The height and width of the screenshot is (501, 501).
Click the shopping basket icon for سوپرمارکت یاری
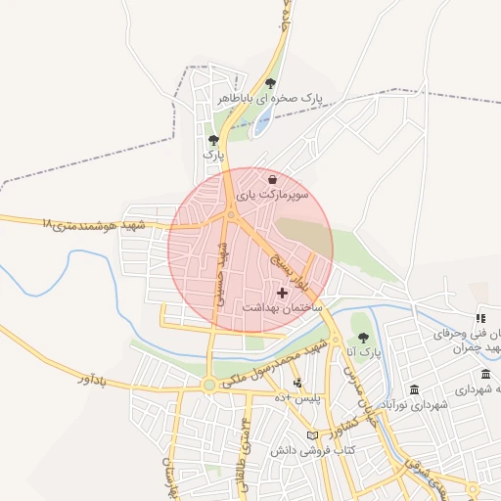pyautogui.click(x=272, y=179)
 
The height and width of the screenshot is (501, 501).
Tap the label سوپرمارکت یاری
pyautogui.click(x=276, y=196)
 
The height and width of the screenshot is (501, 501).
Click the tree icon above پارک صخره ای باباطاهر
pyautogui.click(x=271, y=83)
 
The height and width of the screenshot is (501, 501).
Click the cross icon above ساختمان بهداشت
pyautogui.click(x=283, y=292)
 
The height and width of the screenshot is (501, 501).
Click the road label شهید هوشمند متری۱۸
pyautogui.click(x=94, y=224)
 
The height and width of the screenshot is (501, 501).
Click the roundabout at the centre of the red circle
pyautogui.click(x=232, y=214)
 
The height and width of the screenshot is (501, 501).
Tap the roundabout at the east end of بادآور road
pyautogui.click(x=208, y=386)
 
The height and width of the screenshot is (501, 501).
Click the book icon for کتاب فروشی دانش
pyautogui.click(x=313, y=434)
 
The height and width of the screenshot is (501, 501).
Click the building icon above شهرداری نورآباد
pyautogui.click(x=414, y=388)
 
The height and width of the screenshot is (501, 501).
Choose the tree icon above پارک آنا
pyautogui.click(x=363, y=337)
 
